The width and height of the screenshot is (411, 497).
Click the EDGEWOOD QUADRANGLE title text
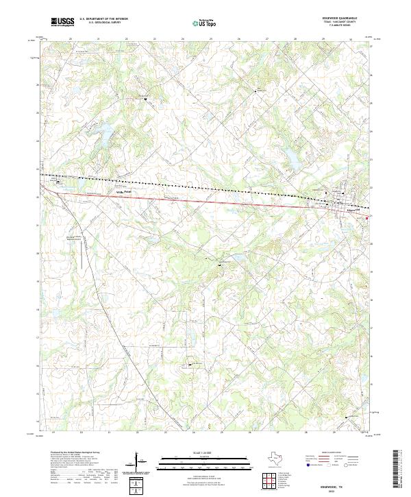click(349, 19)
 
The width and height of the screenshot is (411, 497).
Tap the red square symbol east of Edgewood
click(367, 219)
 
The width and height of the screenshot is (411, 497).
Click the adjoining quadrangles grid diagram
click(270, 479)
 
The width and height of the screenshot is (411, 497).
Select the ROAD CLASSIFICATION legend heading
click(329, 453)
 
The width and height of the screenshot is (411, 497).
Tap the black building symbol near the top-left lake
click(145, 99)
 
